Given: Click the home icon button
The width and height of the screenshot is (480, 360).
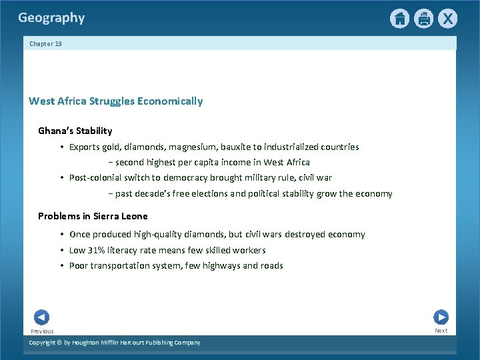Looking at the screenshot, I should [399, 19].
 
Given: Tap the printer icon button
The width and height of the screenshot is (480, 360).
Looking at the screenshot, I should [423, 19].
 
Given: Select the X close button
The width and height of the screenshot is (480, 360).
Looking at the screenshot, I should [447, 19].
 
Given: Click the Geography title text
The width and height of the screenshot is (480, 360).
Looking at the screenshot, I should [51, 18].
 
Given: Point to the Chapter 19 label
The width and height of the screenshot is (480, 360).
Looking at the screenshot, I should [45, 44].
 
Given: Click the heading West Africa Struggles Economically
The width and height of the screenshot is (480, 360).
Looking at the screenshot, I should [115, 101].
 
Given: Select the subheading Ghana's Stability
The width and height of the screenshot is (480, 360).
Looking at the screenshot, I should [75, 131].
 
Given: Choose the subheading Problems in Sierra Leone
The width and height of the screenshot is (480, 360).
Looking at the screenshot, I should [93, 216].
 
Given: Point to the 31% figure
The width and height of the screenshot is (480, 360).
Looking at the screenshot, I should [98, 250].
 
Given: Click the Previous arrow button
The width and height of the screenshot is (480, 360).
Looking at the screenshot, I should [41, 317].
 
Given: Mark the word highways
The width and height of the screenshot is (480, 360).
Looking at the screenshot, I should [217, 265].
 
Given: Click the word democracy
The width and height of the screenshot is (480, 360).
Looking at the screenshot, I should [184, 178].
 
